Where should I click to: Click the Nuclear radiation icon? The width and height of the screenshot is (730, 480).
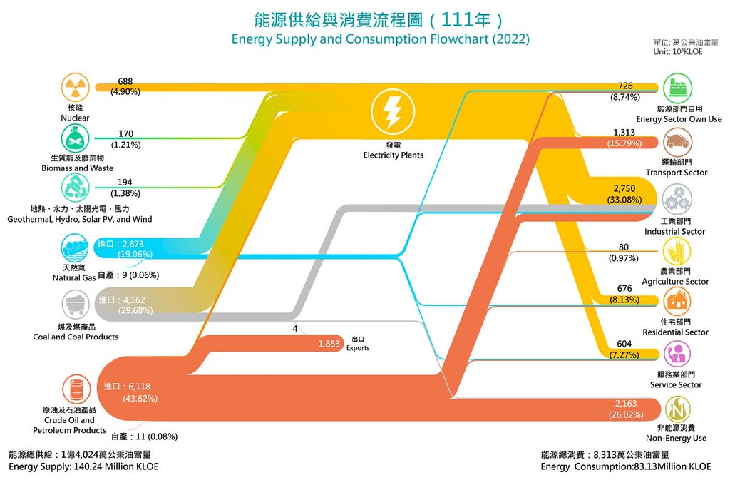(x=75, y=88)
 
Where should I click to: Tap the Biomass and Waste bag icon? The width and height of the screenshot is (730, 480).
(x=75, y=138)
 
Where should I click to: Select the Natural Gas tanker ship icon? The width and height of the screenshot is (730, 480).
(x=75, y=247)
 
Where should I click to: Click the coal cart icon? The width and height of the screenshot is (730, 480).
(x=76, y=305)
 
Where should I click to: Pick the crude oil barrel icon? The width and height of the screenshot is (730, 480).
(x=77, y=389)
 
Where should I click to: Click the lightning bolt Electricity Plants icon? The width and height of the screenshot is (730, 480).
(x=393, y=112)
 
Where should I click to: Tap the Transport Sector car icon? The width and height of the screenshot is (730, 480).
(x=677, y=142)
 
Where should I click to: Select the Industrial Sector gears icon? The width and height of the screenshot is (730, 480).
(x=677, y=199)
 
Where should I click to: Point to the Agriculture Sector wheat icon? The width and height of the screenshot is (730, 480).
(x=677, y=252)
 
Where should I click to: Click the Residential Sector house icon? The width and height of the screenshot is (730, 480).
(x=677, y=301)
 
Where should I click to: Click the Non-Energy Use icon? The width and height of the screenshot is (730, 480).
(x=677, y=409)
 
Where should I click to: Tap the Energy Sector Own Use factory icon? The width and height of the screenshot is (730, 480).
(x=677, y=88)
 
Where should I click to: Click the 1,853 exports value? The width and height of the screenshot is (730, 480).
(x=329, y=344)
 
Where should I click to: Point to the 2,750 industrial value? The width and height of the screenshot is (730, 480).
(x=624, y=188)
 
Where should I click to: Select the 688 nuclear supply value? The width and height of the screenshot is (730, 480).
(x=125, y=81)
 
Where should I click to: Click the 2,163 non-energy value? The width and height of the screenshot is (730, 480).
(x=626, y=404)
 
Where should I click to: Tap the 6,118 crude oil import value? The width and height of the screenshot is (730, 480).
(x=139, y=387)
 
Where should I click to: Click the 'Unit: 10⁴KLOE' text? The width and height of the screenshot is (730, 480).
(x=678, y=51)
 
